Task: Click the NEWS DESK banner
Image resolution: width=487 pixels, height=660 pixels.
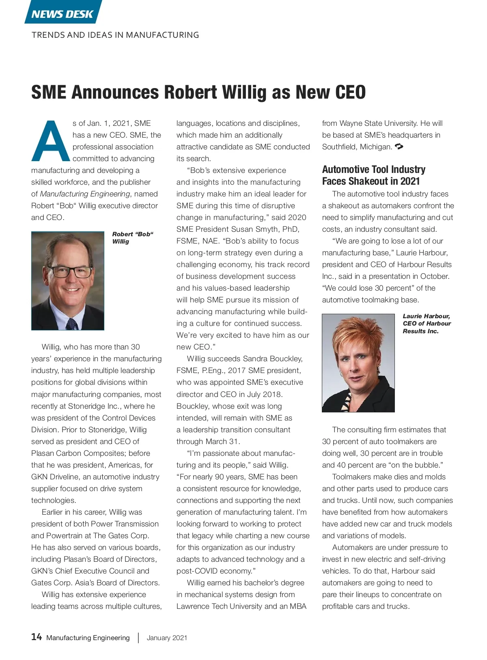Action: pos(62,14)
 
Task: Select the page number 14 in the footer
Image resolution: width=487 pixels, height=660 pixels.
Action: pos(37,636)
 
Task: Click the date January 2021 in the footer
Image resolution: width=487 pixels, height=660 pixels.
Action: pos(167,638)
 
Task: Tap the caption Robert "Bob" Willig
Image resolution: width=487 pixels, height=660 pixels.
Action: pos(132,238)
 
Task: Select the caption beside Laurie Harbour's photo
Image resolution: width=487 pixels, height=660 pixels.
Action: pos(426,324)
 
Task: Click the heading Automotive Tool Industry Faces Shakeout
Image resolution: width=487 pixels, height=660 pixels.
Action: pos(373,175)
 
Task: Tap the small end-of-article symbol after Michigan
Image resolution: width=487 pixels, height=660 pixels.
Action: pos(399,147)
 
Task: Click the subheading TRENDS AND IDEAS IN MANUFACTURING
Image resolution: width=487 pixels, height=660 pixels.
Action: pos(115,35)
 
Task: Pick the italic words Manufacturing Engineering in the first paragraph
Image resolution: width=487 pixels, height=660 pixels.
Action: pos(85,194)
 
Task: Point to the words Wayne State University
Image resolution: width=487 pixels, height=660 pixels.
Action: pos(378,123)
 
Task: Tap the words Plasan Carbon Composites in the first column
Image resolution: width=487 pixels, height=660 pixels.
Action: pos(91,453)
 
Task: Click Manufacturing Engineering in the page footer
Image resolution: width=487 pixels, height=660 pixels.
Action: pos(88,638)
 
